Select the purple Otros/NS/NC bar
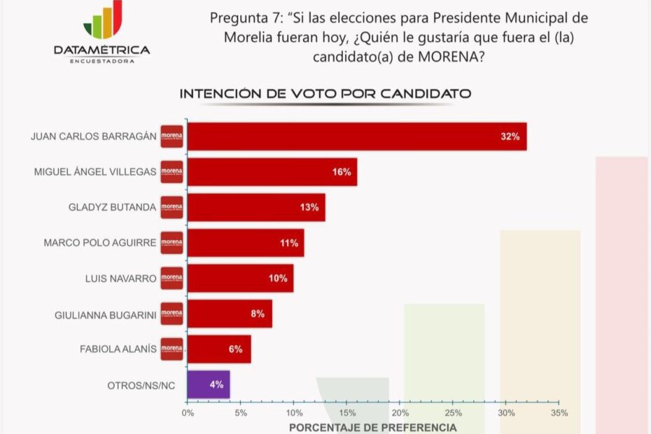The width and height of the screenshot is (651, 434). click(x=209, y=384)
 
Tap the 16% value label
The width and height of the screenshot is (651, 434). click(x=342, y=172)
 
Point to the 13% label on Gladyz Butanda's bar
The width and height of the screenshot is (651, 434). click(x=309, y=207)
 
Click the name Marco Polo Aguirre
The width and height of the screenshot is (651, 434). click(x=100, y=243)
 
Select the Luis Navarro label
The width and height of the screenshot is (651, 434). click(x=121, y=279)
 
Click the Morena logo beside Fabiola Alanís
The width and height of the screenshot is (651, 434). click(x=171, y=349)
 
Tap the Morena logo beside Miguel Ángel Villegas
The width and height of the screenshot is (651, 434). click(x=171, y=172)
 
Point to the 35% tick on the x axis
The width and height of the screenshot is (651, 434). click(x=559, y=413)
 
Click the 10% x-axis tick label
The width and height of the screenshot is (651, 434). click(x=294, y=413)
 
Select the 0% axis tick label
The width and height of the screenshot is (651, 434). click(x=188, y=413)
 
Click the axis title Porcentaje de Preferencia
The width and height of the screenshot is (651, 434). click(x=372, y=427)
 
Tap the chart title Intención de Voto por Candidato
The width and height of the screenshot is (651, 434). click(x=325, y=93)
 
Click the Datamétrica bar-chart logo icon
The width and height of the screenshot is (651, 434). click(x=103, y=20)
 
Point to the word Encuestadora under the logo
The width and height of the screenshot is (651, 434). click(x=102, y=61)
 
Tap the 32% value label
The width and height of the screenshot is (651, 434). click(x=510, y=136)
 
